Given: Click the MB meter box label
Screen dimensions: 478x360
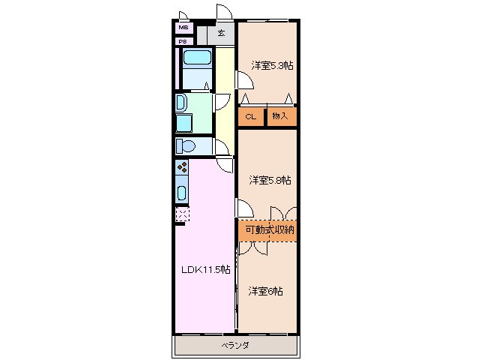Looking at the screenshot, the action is pos(184,28).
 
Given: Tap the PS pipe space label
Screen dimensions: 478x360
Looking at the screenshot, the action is pos(183,41).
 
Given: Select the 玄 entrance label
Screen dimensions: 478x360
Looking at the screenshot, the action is pos(221,33).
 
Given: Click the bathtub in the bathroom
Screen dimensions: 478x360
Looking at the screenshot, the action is pos(197,57).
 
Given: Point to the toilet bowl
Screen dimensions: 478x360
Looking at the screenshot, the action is pos(186,145).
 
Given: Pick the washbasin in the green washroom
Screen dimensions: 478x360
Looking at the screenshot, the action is pos(181,103).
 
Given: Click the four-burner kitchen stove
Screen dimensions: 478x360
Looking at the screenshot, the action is pos(182,167).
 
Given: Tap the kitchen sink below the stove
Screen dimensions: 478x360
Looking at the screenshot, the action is pos(182,192).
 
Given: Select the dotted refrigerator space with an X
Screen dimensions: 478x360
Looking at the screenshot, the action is pos(183,214).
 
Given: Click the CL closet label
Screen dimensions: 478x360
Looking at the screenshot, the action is pos(250,116).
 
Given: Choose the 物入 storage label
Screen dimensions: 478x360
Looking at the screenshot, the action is pos(280,116).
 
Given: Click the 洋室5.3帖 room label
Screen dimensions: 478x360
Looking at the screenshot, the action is pos(272,65).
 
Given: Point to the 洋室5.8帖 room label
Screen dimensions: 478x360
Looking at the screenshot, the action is pos(270,180).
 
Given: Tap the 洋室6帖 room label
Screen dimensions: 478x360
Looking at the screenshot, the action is pos(265,291).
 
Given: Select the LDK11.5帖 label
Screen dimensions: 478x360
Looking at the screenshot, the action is pos(206,270).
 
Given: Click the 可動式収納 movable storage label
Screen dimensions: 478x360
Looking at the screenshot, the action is pos(270,229).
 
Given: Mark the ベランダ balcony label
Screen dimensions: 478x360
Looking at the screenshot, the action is pos(235,345).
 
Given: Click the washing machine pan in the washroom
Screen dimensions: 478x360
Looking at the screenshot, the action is pos(184,123).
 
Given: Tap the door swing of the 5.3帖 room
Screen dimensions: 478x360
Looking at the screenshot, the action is pos(245,80).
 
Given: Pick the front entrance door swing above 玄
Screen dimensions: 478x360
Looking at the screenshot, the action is pos(224,12).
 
